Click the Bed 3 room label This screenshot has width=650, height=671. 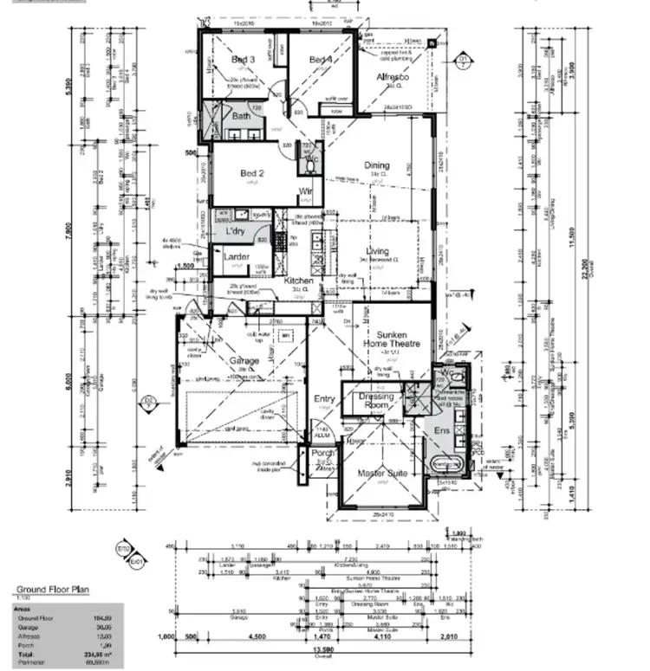[243, 60]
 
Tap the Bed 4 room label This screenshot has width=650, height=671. [321, 60]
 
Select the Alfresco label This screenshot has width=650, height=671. [392, 77]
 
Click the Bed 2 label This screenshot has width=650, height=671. [251, 173]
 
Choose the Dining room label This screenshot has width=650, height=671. [377, 165]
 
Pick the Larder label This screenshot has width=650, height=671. [237, 257]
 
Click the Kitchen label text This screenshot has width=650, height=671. [298, 281]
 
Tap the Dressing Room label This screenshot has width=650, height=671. [375, 401]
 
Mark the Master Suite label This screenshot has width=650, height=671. [383, 473]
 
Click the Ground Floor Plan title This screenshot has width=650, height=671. [53, 590]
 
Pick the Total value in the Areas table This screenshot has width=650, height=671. [102, 655]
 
